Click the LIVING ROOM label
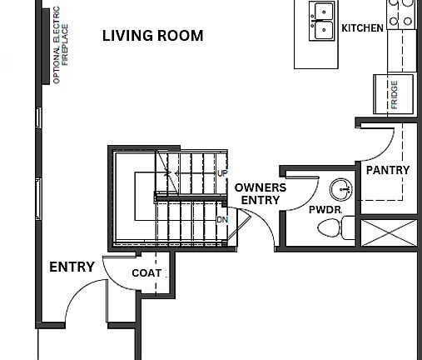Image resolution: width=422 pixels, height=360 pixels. [153, 36]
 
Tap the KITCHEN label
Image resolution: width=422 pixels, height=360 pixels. [362, 28]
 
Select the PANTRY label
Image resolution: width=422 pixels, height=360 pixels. [388, 170]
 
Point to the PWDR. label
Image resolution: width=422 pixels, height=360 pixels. [325, 210]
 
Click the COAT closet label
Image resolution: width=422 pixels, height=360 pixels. [146, 273]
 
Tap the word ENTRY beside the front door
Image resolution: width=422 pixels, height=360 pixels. [72, 267]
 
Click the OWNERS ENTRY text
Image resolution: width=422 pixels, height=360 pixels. [261, 194]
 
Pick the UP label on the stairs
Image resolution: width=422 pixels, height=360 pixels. [222, 173]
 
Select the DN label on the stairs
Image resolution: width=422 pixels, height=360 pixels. [222, 220]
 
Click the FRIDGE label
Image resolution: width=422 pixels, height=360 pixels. [395, 94]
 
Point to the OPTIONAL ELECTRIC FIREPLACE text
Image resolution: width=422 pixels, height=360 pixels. [61, 45]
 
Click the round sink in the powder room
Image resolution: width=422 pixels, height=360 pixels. [341, 189]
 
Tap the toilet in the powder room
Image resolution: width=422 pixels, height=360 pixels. [336, 227]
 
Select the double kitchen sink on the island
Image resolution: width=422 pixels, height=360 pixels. [322, 21]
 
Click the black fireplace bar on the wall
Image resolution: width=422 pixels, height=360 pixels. [46, 47]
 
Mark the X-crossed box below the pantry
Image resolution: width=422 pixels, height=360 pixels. [390, 232]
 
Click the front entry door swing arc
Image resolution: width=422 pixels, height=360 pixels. [77, 289]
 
